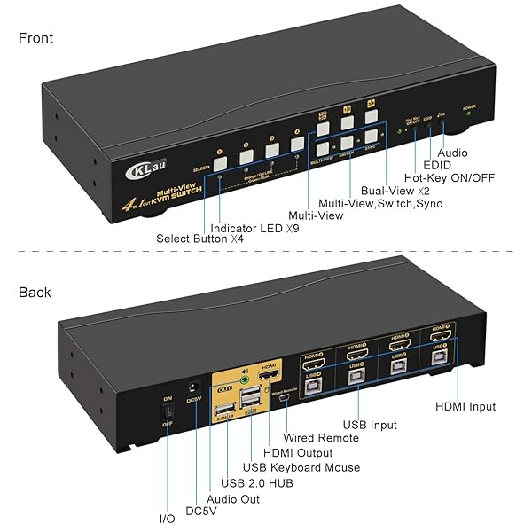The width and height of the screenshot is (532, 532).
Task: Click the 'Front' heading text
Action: tap(35, 38)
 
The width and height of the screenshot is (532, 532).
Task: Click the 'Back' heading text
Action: tap(34, 293)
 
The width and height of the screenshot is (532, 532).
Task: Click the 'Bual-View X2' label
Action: tap(395, 190)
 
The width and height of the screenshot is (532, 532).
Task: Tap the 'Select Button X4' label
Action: tap(200, 239)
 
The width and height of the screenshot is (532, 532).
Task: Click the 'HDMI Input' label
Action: tap(465, 407)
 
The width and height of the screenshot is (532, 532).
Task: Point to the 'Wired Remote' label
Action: tap(321, 438)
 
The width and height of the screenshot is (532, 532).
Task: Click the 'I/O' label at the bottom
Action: tap(166, 518)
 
